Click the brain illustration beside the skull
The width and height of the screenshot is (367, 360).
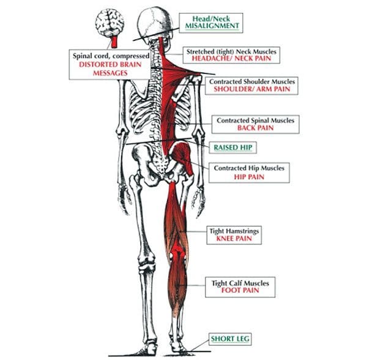[109, 23]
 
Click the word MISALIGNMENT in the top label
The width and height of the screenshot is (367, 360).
[212, 26]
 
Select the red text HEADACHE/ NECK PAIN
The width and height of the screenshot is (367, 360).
[231, 58]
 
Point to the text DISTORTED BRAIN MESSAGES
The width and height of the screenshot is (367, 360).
[110, 69]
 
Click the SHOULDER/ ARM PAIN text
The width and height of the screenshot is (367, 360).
[252, 89]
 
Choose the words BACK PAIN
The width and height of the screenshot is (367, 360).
[255, 128]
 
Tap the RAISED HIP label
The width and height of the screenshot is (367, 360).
[233, 148]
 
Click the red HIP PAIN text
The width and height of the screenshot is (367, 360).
[249, 177]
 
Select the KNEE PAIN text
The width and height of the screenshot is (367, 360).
[234, 239]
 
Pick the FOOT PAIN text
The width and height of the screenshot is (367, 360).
[240, 290]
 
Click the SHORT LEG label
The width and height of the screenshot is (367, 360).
[230, 339]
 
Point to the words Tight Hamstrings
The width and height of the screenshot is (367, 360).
[234, 231]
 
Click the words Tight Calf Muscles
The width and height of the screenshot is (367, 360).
[240, 283]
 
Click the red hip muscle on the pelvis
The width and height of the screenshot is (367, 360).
[182, 157]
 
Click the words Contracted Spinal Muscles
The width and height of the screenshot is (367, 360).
[255, 121]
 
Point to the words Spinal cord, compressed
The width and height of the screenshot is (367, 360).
[111, 56]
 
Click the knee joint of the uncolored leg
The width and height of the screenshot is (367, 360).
[146, 261]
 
